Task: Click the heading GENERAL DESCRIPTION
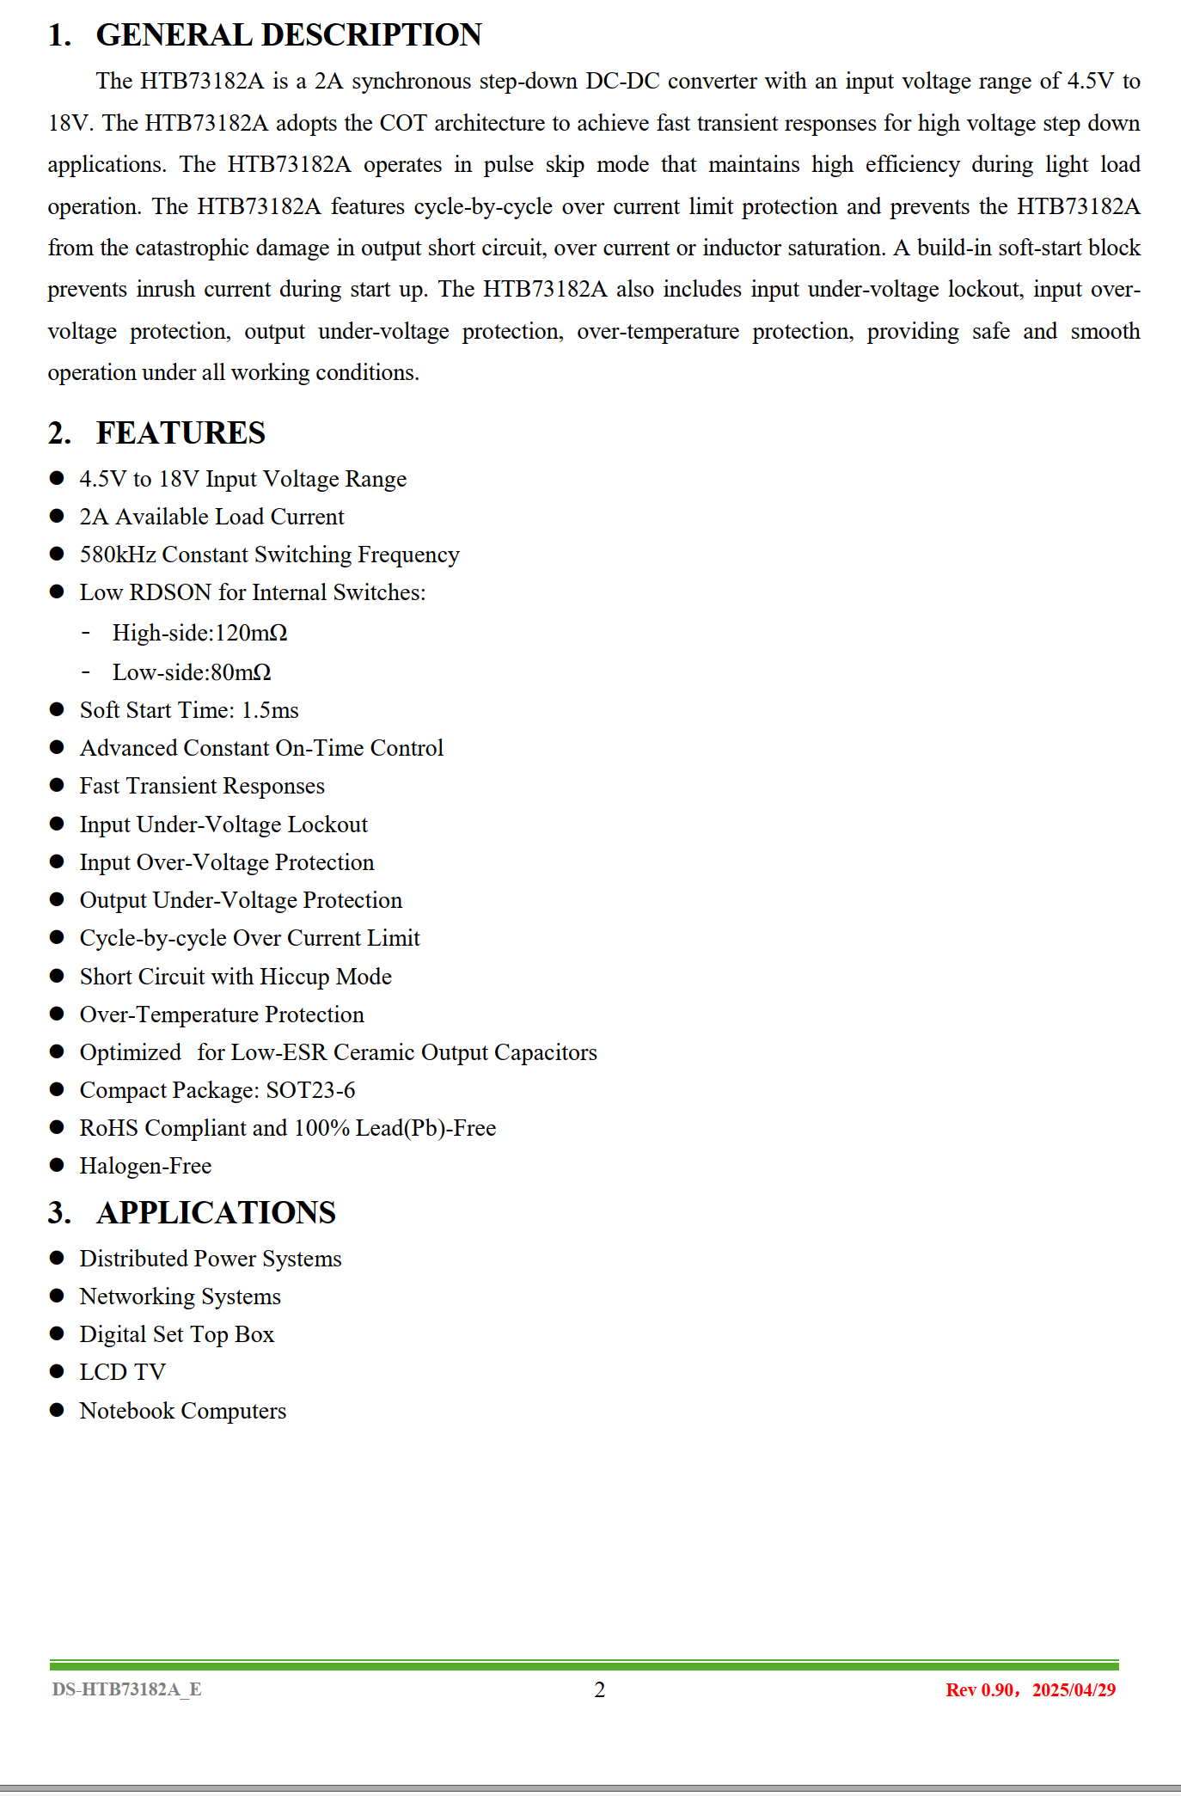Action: pyautogui.click(x=288, y=35)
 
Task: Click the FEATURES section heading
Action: pyautogui.click(x=181, y=433)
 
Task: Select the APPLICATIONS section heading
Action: pyautogui.click(x=216, y=1212)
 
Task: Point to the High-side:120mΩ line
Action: pyautogui.click(x=199, y=633)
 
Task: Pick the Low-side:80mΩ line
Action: pyautogui.click(x=191, y=672)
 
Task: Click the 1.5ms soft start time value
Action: pyautogui.click(x=270, y=710)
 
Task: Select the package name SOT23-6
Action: pyautogui.click(x=310, y=1090)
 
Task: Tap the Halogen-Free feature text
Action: pyautogui.click(x=145, y=1166)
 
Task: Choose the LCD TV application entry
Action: pyautogui.click(x=122, y=1372)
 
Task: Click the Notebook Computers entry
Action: pyautogui.click(x=182, y=1411)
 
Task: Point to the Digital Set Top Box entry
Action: pyautogui.click(x=176, y=1334)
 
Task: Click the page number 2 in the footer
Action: pyautogui.click(x=599, y=1689)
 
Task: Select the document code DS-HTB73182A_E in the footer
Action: pyautogui.click(x=126, y=1689)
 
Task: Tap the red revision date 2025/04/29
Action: pyautogui.click(x=1074, y=1690)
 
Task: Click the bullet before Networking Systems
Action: pyautogui.click(x=58, y=1296)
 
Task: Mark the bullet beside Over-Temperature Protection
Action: pyautogui.click(x=58, y=1014)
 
